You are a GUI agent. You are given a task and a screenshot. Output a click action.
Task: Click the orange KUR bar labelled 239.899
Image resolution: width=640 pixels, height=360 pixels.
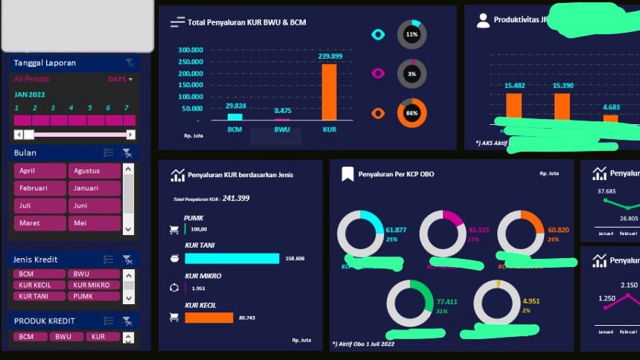coord(328,92)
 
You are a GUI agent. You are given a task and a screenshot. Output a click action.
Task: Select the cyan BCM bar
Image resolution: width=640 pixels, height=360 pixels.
coord(235,116)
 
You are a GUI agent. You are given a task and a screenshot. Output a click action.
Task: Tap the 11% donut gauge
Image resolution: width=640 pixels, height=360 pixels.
coord(412,35)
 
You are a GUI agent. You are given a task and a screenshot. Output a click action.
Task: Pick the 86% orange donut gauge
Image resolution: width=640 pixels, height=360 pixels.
coord(412,113)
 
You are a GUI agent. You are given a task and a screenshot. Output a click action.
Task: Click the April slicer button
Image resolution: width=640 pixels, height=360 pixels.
coord(40,171)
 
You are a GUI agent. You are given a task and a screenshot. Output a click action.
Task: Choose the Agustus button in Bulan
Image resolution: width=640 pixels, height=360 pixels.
coord(94,171)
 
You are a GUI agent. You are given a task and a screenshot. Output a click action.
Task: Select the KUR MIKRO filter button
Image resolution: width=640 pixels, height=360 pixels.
coord(94,285)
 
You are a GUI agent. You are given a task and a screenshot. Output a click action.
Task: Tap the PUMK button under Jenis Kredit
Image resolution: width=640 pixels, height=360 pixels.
coord(94,296)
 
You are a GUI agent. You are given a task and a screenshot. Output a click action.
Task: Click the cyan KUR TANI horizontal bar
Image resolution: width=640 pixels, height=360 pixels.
coord(232,258)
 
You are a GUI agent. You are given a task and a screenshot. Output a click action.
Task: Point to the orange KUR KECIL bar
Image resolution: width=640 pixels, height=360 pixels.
coord(209,318)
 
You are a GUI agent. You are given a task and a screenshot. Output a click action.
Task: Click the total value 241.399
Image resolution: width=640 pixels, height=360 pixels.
coord(236,199)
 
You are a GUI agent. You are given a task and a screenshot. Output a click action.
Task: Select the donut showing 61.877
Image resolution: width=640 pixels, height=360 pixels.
coord(360,234)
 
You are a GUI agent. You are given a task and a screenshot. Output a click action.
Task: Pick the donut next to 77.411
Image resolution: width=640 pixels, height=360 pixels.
coord(409,303)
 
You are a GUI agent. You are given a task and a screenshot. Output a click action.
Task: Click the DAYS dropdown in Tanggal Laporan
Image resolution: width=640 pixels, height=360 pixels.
coord(121,79)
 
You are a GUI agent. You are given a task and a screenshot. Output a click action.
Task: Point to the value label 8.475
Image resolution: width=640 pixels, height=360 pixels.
coord(283,110)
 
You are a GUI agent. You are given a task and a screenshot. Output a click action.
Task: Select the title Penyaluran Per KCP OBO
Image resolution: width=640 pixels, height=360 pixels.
coord(396,174)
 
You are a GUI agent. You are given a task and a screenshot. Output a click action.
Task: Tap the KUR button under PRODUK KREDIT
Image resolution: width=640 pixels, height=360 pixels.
coord(97,337)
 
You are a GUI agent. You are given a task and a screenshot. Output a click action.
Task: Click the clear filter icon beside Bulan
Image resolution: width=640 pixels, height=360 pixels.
coord(128,153)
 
